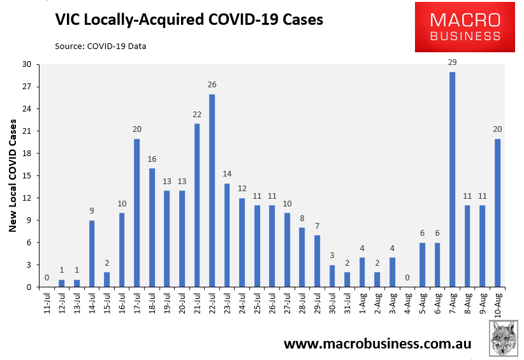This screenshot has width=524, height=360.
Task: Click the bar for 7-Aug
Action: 452,180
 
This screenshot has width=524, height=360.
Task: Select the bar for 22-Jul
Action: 212,191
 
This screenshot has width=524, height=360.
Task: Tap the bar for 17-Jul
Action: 136,213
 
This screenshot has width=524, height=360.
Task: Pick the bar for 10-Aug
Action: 497,213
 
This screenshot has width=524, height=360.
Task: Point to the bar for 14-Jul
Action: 92,254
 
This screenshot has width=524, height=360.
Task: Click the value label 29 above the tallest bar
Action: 452,62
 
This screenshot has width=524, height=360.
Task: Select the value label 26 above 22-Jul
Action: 212,85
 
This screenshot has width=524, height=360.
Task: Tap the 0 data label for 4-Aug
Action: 407,278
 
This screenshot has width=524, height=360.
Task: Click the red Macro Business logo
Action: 465,27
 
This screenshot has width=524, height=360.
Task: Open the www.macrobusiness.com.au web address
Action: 377,344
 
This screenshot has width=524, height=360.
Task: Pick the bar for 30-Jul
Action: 332,276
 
